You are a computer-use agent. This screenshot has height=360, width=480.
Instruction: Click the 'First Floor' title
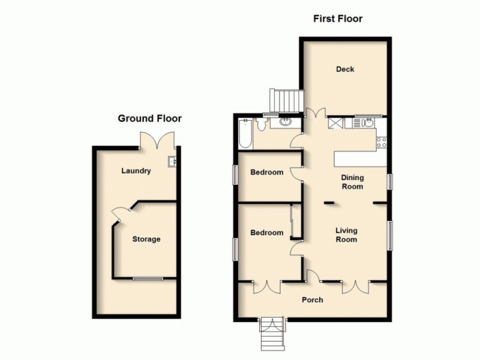tap(338, 19)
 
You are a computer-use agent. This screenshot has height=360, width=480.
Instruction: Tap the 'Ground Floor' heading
tap(149, 119)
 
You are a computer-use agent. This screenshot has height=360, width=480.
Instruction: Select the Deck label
tap(345, 70)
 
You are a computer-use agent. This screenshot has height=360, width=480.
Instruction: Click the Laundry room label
tap(136, 171)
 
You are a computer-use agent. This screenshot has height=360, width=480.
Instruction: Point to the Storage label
tap(146, 239)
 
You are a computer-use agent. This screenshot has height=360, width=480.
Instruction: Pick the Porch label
tap(313, 300)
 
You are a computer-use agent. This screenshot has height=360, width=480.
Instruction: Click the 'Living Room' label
tap(346, 235)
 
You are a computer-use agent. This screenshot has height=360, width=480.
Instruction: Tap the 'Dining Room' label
tap(352, 182)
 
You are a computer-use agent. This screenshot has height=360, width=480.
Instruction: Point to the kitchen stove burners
tap(380, 142)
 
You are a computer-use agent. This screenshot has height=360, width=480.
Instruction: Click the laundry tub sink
tap(172, 161)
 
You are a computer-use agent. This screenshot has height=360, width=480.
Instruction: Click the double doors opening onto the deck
tap(315, 112)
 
